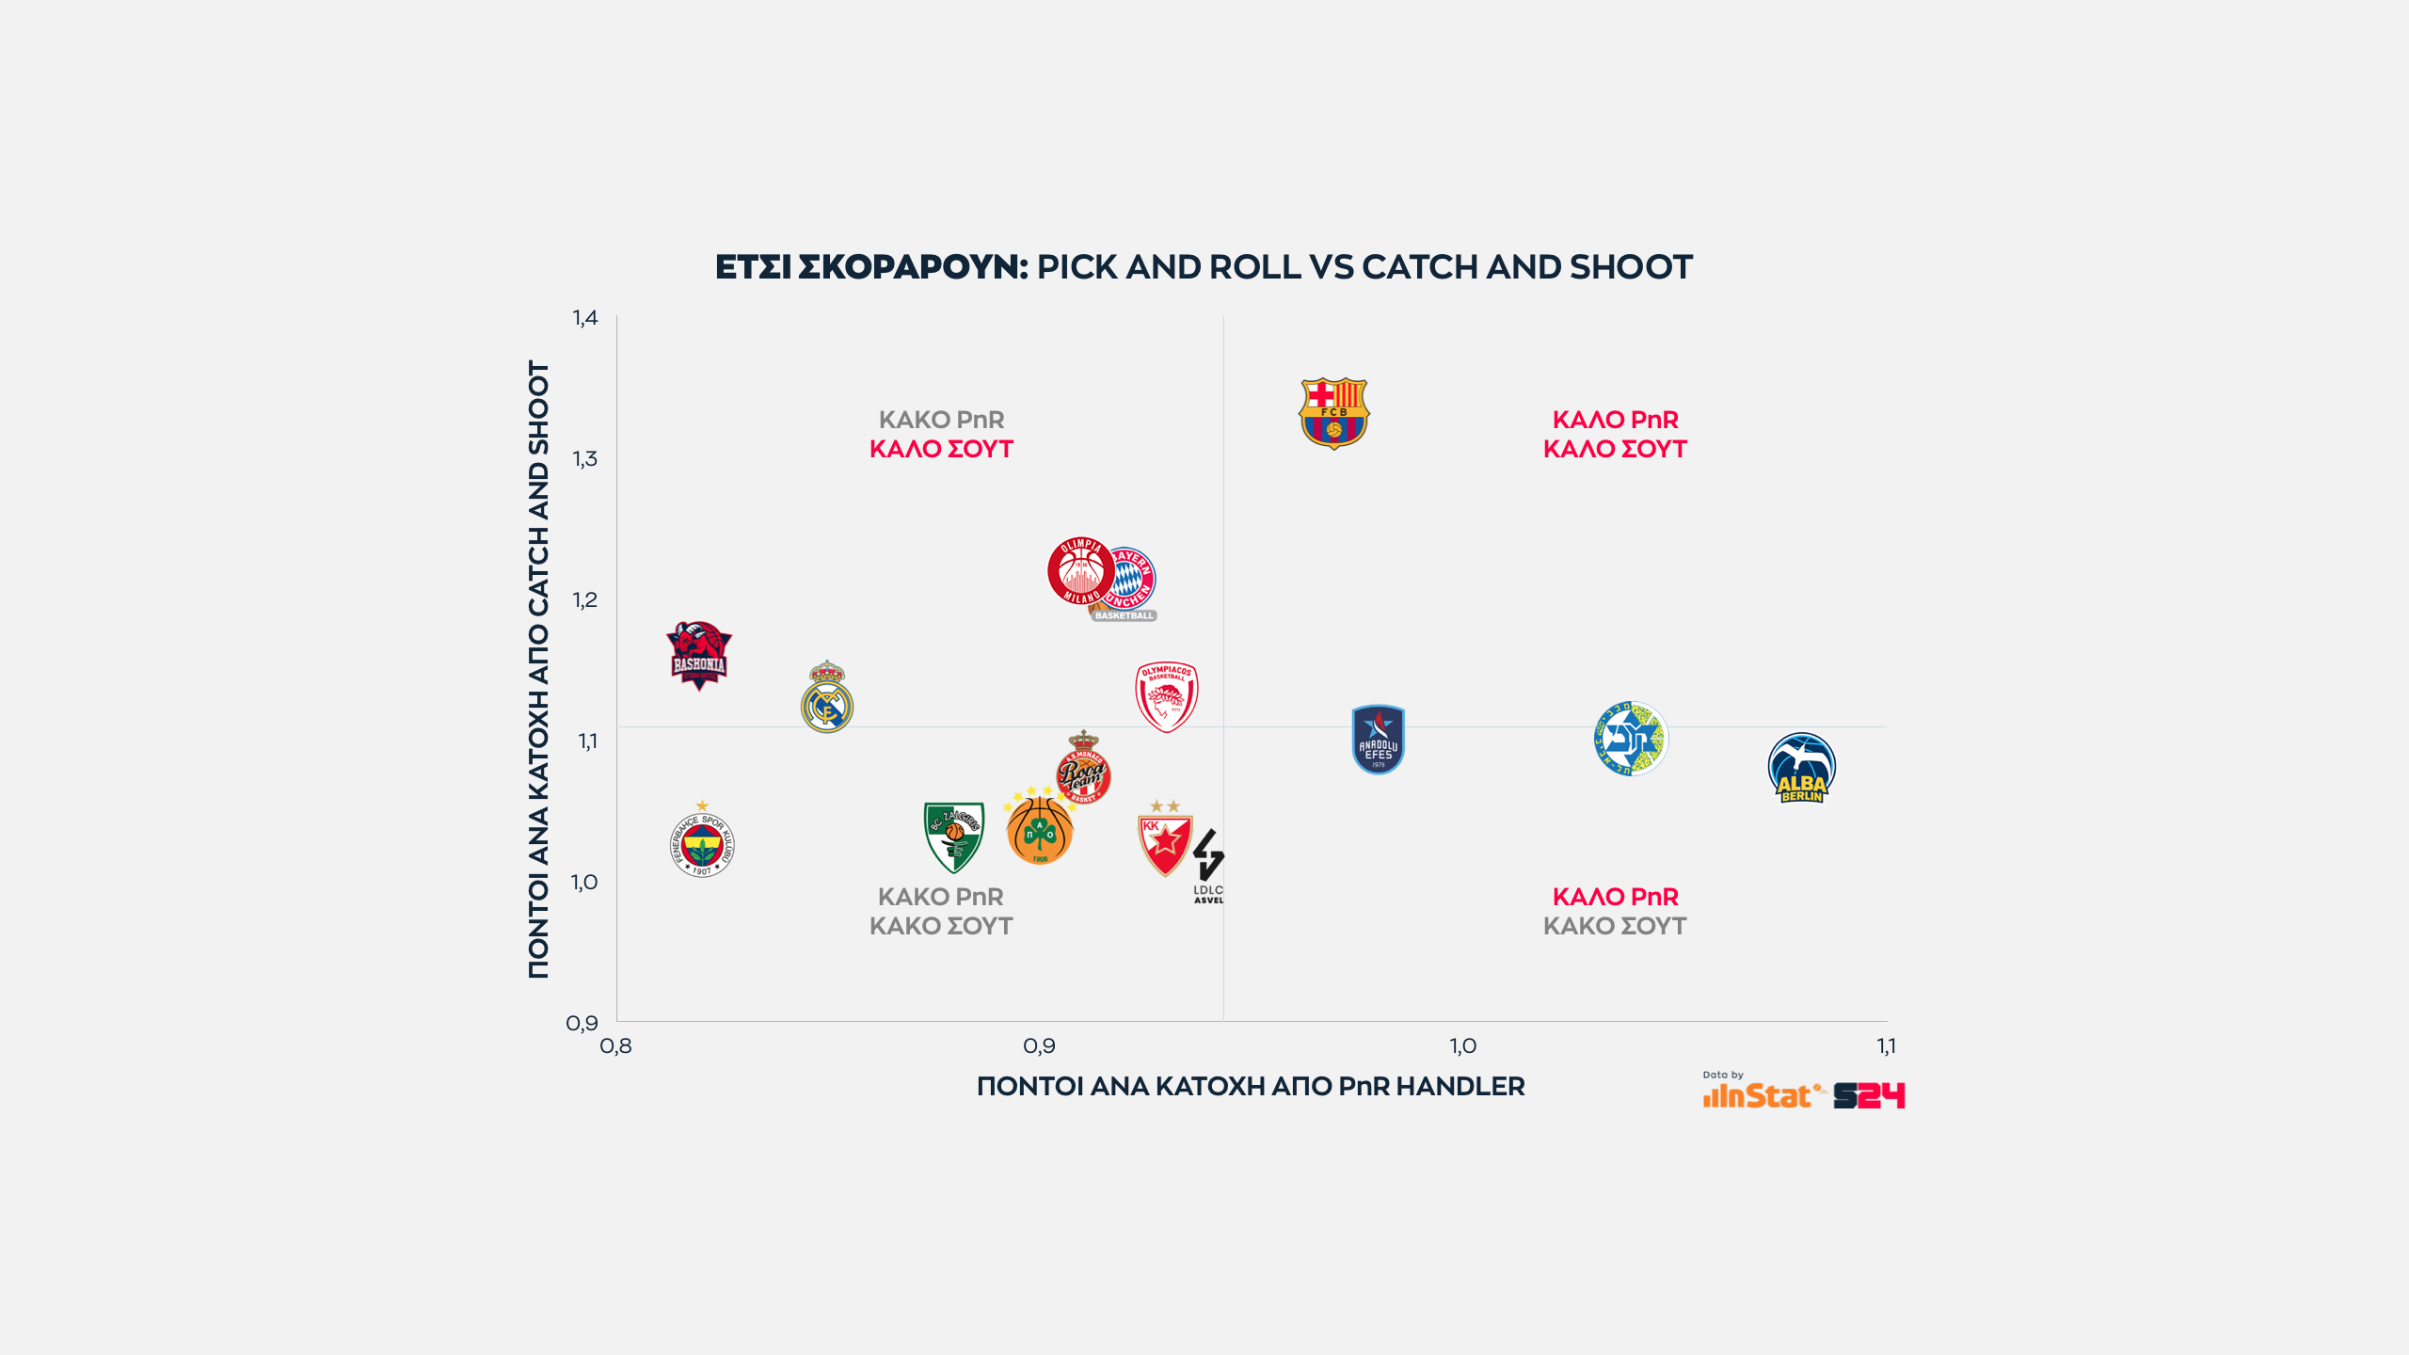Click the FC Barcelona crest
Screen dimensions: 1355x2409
point(1333,413)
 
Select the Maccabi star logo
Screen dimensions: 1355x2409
point(1630,739)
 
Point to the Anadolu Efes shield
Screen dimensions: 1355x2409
point(1378,740)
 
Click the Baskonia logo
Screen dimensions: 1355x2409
point(698,655)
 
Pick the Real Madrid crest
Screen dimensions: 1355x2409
point(826,698)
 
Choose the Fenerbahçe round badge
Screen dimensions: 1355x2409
point(702,843)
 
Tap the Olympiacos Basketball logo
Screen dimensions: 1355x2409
point(1166,696)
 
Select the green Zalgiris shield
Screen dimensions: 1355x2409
point(953,836)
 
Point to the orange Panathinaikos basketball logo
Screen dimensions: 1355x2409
point(1039,831)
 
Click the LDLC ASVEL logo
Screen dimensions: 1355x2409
point(1208,866)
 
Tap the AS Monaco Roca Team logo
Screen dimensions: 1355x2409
point(1083,769)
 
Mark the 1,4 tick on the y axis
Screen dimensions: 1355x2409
point(585,318)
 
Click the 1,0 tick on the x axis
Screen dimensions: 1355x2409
point(1462,1046)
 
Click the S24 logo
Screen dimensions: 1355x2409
point(1869,1096)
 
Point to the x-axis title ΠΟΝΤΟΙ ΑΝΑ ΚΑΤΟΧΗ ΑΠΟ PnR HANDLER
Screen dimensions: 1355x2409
point(1251,1087)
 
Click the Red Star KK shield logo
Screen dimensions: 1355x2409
point(1165,841)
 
